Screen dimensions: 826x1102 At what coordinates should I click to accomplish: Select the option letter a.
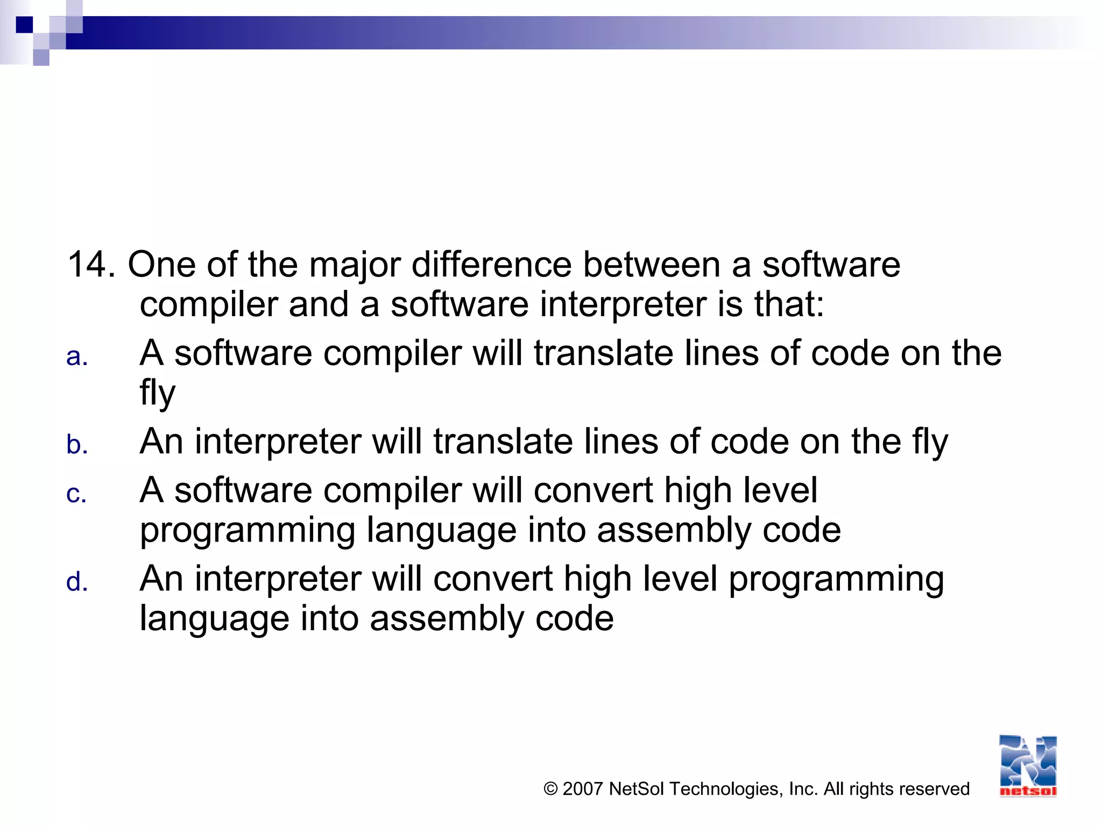pyautogui.click(x=77, y=357)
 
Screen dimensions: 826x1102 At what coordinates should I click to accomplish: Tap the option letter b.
pyautogui.click(x=77, y=445)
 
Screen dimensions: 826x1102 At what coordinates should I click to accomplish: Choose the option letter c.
pyautogui.click(x=76, y=494)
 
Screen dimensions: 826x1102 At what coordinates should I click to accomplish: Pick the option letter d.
pyautogui.click(x=77, y=582)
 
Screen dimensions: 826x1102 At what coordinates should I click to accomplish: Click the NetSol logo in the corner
pyautogui.click(x=1028, y=766)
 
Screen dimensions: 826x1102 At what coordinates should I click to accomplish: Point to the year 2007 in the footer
pyautogui.click(x=582, y=789)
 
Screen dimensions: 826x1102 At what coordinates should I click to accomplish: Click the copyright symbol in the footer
pyautogui.click(x=550, y=789)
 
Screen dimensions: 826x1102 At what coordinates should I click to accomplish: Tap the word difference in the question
pyautogui.click(x=491, y=265)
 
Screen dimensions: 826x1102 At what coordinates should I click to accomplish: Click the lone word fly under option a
pyautogui.click(x=157, y=393)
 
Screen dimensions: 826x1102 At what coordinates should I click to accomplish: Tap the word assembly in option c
pyautogui.click(x=674, y=531)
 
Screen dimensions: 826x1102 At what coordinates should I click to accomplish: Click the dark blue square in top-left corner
pyautogui.click(x=24, y=25)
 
